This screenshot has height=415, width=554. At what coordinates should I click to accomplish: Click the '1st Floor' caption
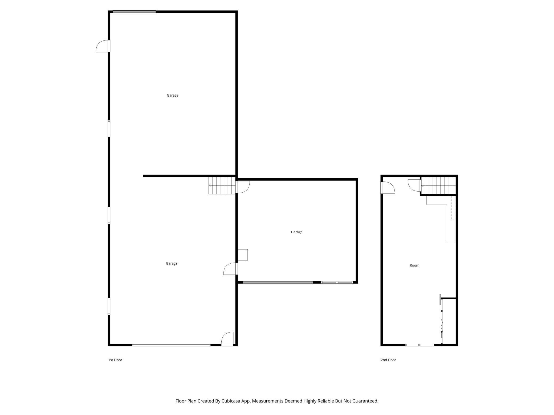point(115,360)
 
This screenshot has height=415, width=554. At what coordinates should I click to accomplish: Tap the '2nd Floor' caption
point(388,360)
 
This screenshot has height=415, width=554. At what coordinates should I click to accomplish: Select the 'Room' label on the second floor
point(414,265)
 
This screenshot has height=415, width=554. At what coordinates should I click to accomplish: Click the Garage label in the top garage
point(172,95)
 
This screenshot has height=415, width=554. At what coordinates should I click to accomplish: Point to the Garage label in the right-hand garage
point(296,232)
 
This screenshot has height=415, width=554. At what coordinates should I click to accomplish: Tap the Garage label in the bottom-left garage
point(172,263)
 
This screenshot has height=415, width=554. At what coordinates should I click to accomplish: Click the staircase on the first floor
point(222,185)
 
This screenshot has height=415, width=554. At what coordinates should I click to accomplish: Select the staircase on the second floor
point(438,185)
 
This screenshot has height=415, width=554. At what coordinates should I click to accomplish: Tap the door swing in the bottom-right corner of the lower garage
point(227,339)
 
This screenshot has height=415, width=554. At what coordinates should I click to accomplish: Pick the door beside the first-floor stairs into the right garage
point(243,187)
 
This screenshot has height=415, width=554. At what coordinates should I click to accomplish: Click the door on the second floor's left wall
point(388,188)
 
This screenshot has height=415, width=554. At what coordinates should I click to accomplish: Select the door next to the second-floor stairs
point(414,185)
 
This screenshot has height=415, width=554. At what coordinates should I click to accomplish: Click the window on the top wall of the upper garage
point(134,12)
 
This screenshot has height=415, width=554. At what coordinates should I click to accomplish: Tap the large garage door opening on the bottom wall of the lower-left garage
point(171,345)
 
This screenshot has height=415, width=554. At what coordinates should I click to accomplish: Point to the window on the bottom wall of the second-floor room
point(419,345)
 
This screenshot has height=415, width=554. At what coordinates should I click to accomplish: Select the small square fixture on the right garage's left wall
point(243,255)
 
